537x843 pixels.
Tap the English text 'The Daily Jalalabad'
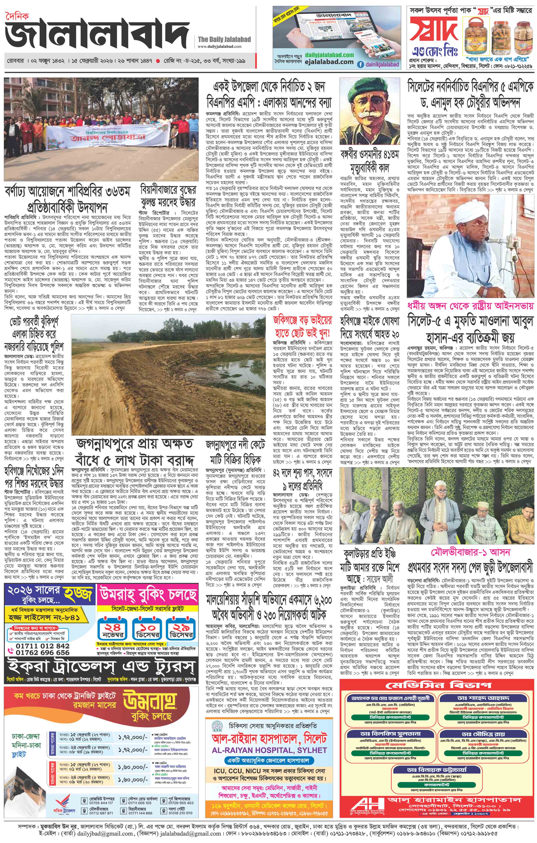coord(224,39)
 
